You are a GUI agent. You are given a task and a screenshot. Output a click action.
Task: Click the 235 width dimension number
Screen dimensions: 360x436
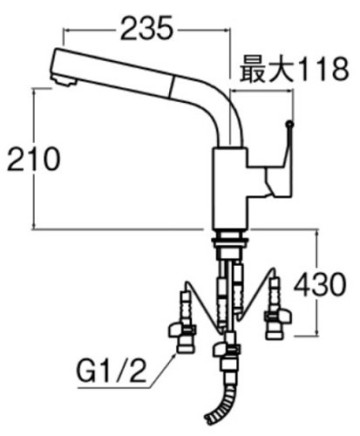(146, 28)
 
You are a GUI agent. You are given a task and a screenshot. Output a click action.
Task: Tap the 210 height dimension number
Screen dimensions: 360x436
(34, 159)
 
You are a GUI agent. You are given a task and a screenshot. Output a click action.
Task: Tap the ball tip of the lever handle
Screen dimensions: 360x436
(289, 124)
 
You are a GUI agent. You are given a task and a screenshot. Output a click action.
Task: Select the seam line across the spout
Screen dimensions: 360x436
(171, 86)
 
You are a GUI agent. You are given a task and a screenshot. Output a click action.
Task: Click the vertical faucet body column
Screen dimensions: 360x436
(230, 189)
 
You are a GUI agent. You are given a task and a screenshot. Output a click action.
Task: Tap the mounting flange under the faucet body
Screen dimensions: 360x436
(230, 240)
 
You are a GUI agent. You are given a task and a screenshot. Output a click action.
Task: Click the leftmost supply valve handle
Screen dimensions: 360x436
(182, 331)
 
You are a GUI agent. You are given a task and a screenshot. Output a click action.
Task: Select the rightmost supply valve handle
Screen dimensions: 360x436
(277, 317)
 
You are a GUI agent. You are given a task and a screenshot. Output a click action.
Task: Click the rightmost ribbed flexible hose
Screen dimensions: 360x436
(275, 294)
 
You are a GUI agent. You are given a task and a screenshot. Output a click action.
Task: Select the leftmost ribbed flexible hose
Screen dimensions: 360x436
(185, 308)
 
